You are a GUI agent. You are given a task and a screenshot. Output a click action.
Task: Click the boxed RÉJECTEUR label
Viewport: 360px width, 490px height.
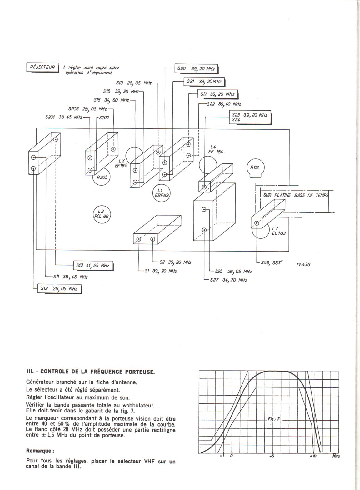(42, 67)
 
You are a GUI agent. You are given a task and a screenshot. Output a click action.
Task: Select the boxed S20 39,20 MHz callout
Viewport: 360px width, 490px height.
(196, 69)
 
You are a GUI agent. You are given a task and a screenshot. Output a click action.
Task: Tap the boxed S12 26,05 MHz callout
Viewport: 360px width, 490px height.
(59, 289)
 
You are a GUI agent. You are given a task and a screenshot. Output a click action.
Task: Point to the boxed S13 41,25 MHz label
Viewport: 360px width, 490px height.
(93, 266)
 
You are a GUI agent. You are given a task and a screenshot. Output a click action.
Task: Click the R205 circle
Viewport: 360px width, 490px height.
(102, 177)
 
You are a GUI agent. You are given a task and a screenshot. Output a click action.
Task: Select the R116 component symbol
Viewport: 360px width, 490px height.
(255, 168)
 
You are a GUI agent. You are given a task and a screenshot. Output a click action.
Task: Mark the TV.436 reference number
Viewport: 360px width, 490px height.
(303, 265)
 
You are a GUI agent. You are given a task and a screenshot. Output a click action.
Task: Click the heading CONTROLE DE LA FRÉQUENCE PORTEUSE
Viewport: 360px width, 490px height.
(97, 372)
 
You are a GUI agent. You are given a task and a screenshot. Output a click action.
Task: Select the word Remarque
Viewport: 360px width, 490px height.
(40, 451)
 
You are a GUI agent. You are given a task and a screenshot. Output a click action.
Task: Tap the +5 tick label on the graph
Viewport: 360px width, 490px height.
(272, 456)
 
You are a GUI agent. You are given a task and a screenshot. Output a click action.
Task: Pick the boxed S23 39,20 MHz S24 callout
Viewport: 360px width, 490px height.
(250, 117)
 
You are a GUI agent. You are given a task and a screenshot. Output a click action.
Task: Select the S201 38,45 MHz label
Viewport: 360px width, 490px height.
(63, 117)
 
